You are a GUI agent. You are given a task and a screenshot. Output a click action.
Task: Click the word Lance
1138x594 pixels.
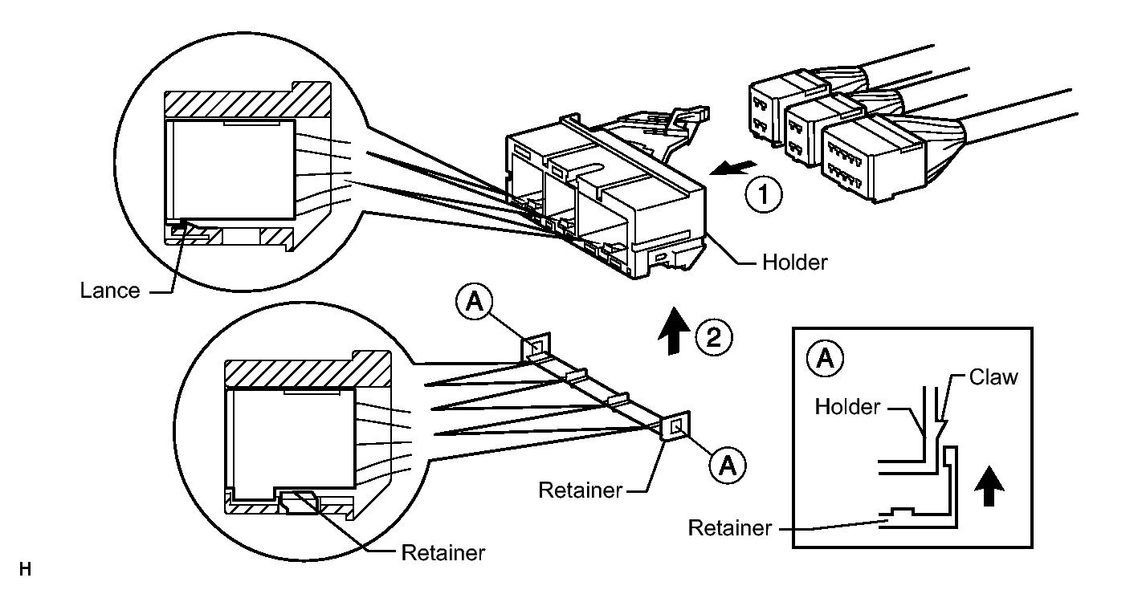click(x=110, y=291)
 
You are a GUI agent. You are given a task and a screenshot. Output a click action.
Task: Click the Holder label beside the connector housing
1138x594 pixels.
click(x=794, y=262)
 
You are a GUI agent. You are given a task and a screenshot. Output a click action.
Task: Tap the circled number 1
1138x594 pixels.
click(x=764, y=194)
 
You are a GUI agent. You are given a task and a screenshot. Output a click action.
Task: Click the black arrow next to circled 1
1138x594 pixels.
click(x=733, y=168)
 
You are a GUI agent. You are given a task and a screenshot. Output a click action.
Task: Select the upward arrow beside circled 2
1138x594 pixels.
click(x=674, y=331)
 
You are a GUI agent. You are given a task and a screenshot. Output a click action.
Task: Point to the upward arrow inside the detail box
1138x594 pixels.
click(x=989, y=486)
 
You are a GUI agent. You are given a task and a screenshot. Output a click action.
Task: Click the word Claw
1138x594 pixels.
click(x=993, y=377)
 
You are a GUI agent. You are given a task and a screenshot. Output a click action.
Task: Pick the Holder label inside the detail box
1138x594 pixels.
click(x=847, y=407)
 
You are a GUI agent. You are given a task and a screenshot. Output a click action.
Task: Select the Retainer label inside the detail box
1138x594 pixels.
click(x=729, y=528)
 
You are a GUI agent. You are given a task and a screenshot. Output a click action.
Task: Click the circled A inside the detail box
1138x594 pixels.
click(x=825, y=359)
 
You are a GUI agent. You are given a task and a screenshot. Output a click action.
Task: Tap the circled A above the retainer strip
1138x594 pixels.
click(x=475, y=302)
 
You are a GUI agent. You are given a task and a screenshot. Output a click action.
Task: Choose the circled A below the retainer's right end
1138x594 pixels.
click(x=728, y=465)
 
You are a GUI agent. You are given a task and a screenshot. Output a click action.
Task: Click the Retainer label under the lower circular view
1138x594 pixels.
click(x=443, y=553)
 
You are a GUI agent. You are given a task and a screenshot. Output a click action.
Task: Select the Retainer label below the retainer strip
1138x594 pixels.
click(x=580, y=490)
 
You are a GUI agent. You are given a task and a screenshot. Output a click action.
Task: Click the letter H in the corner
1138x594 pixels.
click(x=26, y=570)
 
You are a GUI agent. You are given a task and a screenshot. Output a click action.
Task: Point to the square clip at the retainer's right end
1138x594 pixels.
click(x=675, y=425)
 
